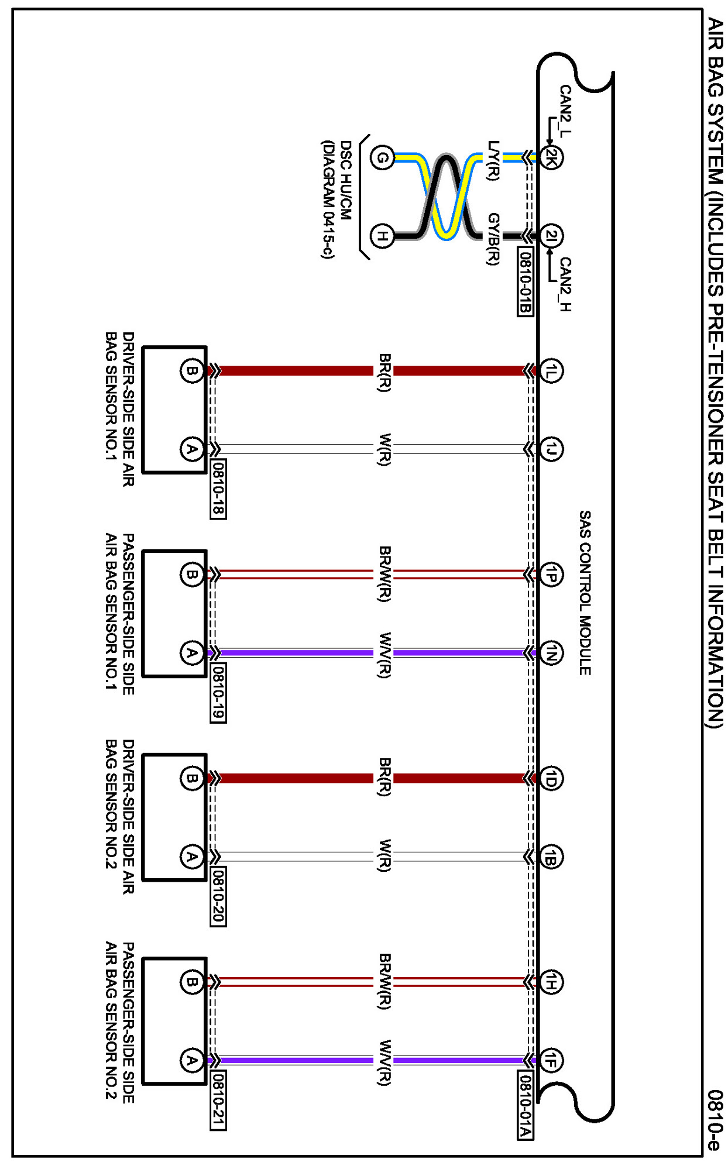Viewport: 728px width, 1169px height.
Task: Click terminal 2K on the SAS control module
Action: [551, 157]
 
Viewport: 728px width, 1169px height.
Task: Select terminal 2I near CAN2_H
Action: [551, 236]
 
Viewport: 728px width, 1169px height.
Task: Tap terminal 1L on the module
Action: [551, 370]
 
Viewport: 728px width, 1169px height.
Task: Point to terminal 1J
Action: [551, 449]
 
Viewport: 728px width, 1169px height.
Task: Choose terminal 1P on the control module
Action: [551, 575]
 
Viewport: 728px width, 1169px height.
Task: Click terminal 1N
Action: [551, 652]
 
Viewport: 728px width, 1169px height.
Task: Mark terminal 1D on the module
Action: [551, 778]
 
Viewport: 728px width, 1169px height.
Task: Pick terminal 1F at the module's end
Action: [551, 1060]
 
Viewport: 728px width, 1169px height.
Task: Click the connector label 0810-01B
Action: [525, 281]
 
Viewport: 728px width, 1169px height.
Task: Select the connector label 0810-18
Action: [218, 489]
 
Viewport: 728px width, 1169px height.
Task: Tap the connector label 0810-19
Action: [218, 692]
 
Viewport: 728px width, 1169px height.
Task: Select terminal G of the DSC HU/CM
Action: [382, 157]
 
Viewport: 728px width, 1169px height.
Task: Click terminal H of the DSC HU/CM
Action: [382, 236]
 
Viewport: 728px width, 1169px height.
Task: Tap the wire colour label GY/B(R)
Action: [493, 239]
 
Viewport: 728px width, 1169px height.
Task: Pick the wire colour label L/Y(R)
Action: [493, 160]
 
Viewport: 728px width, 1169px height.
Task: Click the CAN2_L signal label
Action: [565, 111]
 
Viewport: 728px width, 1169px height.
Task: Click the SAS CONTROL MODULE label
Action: [585, 592]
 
